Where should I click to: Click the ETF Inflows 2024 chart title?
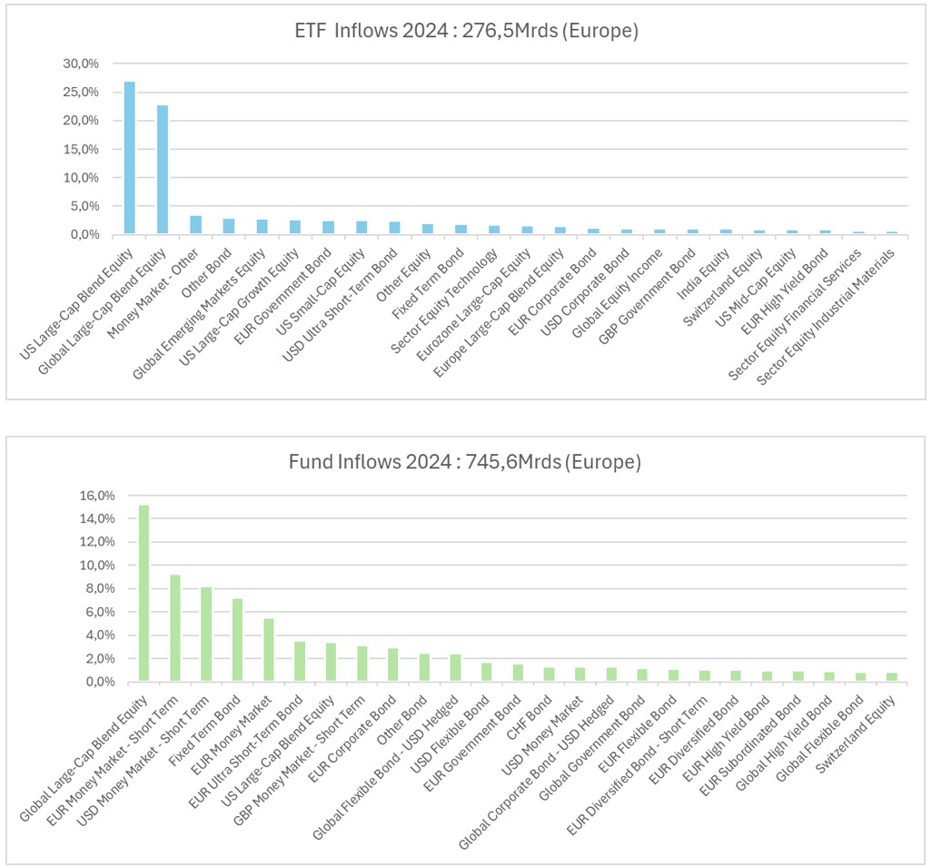[465, 32]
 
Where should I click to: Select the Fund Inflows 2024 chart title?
[465, 462]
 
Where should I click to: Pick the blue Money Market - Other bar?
[195, 225]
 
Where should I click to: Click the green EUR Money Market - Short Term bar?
[175, 627]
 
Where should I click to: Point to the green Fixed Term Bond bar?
[237, 640]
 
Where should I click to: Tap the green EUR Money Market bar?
[268, 650]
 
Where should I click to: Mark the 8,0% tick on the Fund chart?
[99, 588]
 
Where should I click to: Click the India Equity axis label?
[708, 263]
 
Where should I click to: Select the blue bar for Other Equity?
[427, 229]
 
